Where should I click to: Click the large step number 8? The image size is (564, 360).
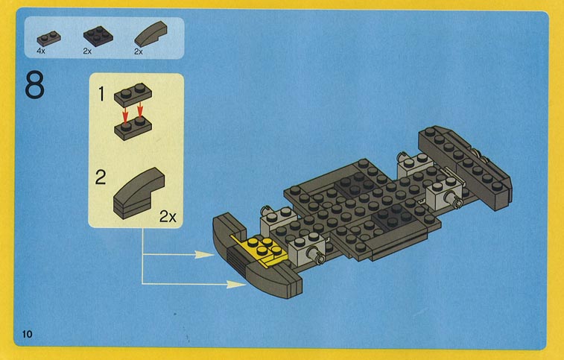34,85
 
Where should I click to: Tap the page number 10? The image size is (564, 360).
27,335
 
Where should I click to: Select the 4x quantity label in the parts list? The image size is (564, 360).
41,51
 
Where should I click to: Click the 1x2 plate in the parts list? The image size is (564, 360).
48,38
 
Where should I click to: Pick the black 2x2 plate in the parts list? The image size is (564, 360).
98,35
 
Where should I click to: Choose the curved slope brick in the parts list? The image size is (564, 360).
150,34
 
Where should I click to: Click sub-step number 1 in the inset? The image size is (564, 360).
101,94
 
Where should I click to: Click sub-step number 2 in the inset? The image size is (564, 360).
101,177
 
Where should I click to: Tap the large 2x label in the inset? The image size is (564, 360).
168,217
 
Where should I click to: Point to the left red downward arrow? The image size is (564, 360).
125,115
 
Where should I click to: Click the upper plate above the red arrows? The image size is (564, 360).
133,95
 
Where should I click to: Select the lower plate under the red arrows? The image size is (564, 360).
133,128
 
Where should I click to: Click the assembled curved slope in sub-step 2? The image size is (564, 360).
139,193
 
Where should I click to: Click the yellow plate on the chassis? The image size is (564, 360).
260,251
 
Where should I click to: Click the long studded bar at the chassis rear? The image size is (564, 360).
465,167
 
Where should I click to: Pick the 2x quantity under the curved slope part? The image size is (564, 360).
139,52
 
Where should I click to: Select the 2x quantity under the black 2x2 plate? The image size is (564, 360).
87,51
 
